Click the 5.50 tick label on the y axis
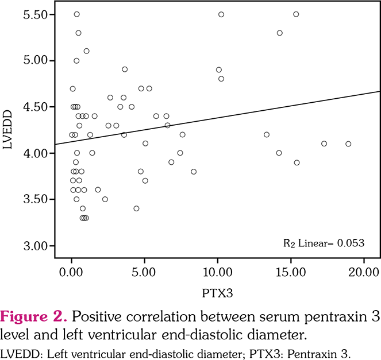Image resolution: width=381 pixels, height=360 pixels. coord(35,14)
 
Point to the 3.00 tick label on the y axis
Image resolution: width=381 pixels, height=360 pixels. coord(35,246)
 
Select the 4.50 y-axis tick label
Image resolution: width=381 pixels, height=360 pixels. coord(35,106)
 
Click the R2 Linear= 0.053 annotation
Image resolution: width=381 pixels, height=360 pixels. coord(324,242)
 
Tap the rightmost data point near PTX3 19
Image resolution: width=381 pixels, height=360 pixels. coord(348,144)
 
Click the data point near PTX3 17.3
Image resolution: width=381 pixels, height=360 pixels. coord(324,144)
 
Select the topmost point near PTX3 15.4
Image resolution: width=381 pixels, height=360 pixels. coord(296,14)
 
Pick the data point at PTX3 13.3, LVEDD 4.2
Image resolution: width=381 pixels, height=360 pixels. coord(266,134)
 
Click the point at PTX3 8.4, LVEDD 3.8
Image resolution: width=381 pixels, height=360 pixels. coord(194,171)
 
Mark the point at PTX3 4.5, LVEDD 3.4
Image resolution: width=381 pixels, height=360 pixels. coord(136,208)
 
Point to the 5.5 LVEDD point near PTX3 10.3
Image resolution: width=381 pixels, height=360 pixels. coord(221,14)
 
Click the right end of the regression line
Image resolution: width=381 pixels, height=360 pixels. coord(379,91)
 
